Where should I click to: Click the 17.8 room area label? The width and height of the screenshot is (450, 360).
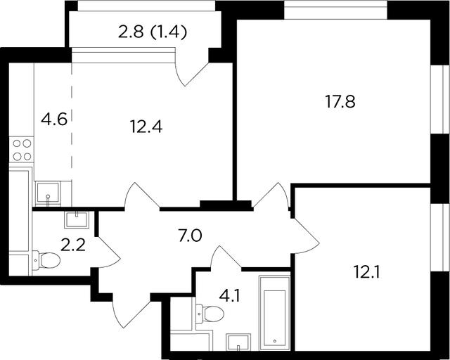340,102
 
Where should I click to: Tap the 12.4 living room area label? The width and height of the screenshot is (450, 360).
146,127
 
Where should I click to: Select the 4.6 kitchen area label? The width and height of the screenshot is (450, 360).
54,119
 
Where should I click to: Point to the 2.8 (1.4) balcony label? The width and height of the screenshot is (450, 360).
153,32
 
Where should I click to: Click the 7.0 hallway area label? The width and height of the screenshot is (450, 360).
191,236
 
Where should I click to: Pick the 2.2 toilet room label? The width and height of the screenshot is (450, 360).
73,245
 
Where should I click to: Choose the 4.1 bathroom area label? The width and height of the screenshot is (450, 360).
229,296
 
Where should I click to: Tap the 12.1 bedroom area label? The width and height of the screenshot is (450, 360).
367,272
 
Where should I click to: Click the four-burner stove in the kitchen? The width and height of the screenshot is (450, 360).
22,150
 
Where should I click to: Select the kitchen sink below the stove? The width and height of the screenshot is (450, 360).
48,193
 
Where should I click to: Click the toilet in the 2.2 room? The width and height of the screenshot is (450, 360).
46,260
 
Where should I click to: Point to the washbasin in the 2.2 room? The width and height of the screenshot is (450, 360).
77,220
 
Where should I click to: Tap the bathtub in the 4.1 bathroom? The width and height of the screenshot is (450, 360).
275,313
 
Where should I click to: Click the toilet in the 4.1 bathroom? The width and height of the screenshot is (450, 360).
210,314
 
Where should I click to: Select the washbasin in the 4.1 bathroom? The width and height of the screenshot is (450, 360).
238,342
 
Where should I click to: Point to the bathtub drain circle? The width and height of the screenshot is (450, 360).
275,341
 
